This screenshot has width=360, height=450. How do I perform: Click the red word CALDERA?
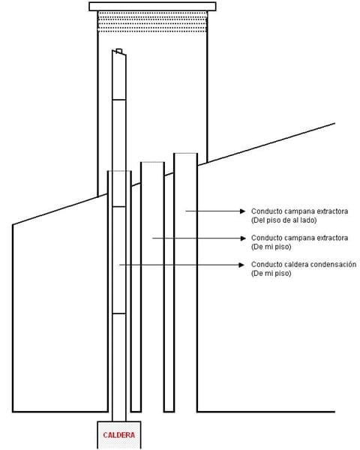(118, 435)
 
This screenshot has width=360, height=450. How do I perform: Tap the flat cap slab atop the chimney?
(152, 6)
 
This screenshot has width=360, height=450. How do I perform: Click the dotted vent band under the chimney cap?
(152, 22)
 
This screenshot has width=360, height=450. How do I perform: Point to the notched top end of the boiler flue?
(119, 52)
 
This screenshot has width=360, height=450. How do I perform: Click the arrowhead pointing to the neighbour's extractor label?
(242, 211)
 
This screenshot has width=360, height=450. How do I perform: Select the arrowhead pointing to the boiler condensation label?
(241, 265)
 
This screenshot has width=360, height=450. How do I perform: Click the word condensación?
(334, 264)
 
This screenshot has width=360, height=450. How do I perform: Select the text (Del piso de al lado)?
(284, 220)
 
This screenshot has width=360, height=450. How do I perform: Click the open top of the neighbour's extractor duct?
(186, 154)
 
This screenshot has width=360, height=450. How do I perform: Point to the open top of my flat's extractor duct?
(152, 163)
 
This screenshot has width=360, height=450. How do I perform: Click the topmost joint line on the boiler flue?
(119, 100)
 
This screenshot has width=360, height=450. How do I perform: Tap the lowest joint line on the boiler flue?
(119, 313)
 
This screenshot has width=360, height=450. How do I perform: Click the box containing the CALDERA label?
(118, 435)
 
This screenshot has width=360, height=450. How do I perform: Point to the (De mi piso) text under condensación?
(271, 273)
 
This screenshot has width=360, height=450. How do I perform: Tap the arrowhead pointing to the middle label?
(243, 238)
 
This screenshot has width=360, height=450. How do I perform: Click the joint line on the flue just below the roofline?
(119, 206)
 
